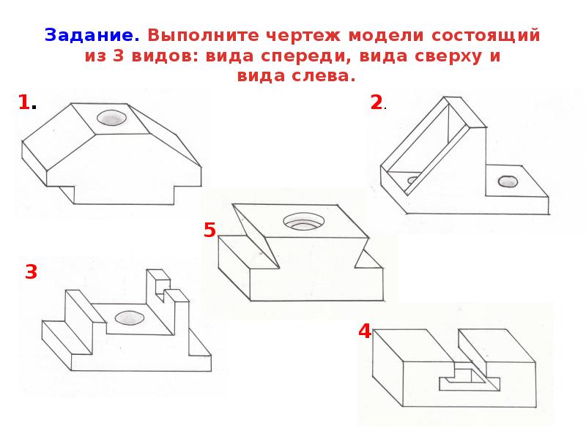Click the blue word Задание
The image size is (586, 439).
(x=92, y=36)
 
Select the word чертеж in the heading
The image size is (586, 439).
(x=303, y=36)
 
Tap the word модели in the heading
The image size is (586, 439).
(x=386, y=36)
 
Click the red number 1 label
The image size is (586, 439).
(x=24, y=102)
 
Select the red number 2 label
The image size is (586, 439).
(x=377, y=102)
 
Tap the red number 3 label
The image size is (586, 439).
(x=31, y=271)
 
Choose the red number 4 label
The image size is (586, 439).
(x=364, y=331)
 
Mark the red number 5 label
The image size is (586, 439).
(x=209, y=230)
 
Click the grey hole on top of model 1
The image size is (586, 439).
(x=111, y=118)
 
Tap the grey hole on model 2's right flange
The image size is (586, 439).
(x=508, y=181)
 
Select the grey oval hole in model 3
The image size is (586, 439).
(x=130, y=318)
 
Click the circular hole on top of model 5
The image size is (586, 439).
(x=303, y=222)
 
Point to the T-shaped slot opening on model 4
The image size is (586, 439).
(x=470, y=378)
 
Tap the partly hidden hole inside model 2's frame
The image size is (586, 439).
(x=413, y=180)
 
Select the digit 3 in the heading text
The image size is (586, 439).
(x=118, y=56)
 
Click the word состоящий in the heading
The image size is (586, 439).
(x=486, y=36)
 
